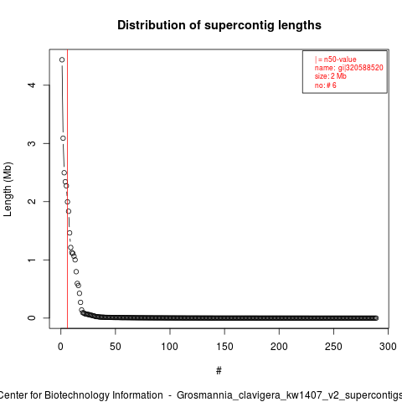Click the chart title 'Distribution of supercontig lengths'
point(219,25)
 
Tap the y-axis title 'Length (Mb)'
point(8,189)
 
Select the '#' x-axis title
point(219,371)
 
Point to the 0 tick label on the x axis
point(60,347)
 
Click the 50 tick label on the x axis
point(115,347)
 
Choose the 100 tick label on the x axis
point(169,347)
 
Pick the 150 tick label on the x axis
point(224,347)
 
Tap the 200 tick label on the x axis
point(279,347)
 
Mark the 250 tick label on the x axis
point(333,347)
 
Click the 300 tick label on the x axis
point(388,347)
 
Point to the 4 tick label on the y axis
point(32,85)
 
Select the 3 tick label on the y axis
point(32,143)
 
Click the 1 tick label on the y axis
point(32,260)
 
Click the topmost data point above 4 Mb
point(62,59)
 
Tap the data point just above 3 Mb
point(63,138)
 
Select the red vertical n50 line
point(68,188)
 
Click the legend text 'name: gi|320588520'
point(349,68)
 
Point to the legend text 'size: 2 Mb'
point(331,76)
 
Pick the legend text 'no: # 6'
point(326,85)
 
